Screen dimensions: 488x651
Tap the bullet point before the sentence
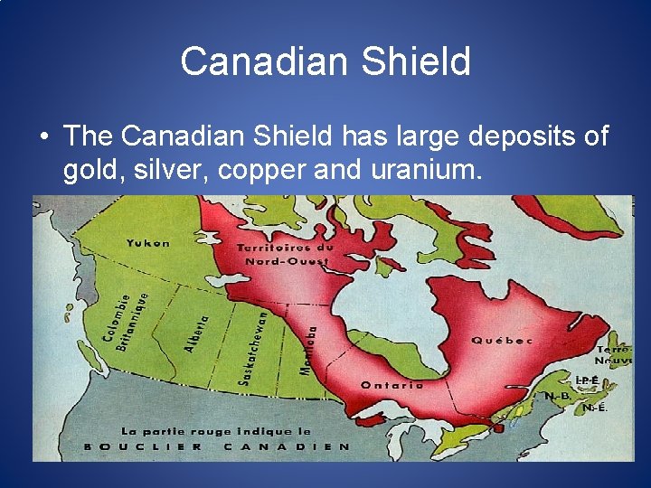pos(43,137)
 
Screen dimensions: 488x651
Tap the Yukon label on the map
pos(148,242)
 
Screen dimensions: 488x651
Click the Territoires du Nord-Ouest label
pos(285,254)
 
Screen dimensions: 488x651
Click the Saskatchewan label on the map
pos(254,347)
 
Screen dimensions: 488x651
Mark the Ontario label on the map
pos(392,385)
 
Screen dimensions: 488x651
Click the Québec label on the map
pos(502,341)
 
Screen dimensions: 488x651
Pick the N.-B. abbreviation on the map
pos(556,396)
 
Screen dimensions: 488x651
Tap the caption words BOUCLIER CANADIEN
pos(217,446)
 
